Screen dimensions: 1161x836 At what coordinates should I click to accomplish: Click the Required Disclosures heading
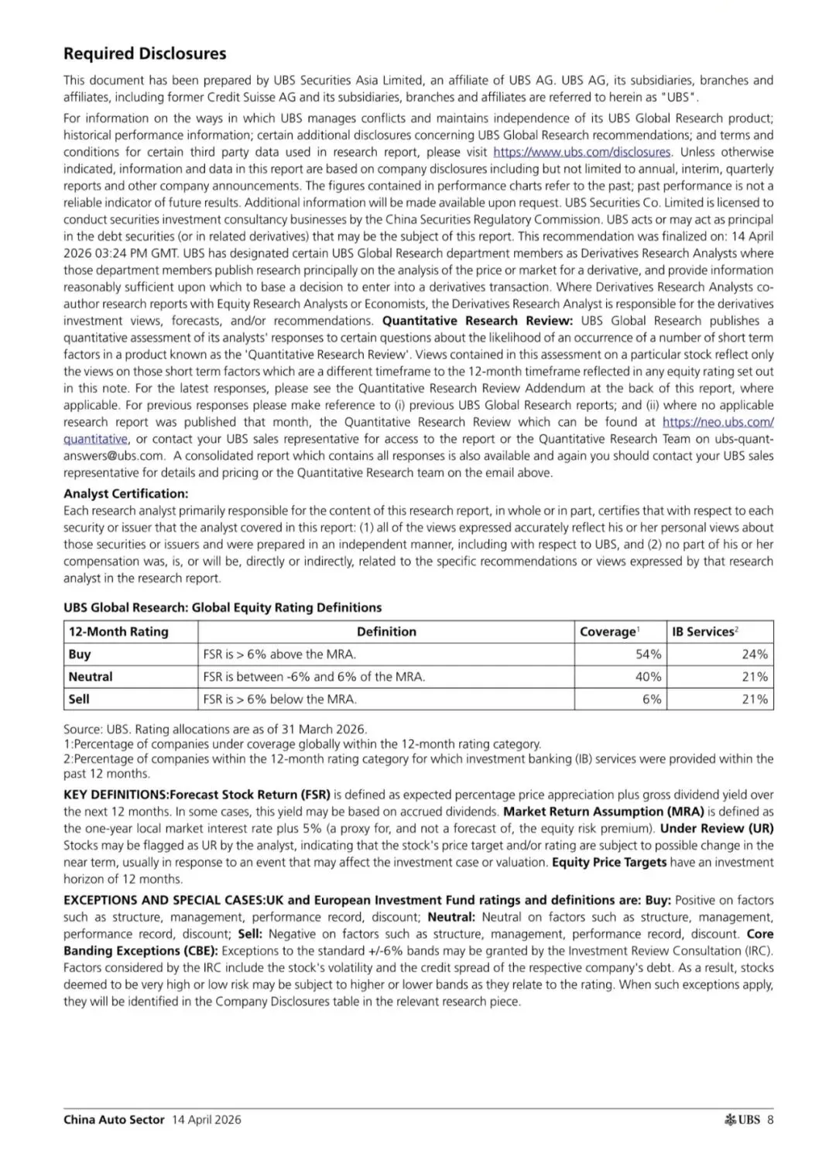click(x=145, y=53)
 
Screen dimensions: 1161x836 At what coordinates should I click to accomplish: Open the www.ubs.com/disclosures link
click(x=582, y=152)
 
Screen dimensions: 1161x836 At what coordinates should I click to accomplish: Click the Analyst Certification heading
click(x=125, y=493)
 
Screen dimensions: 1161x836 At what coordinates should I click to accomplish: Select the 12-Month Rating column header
click(x=118, y=631)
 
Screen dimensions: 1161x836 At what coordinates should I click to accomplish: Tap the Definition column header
click(x=386, y=631)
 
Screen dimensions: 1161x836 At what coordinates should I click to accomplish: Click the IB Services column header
click(x=704, y=631)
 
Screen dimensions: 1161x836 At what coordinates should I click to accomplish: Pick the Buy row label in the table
click(x=80, y=654)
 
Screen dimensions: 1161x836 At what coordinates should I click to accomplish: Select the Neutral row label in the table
click(x=91, y=676)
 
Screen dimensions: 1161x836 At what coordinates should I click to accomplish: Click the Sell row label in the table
click(x=79, y=699)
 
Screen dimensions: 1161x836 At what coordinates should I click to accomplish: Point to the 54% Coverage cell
click(x=648, y=654)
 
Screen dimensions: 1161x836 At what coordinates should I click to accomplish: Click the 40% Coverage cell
click(x=648, y=676)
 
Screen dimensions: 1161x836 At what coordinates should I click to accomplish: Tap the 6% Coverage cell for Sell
click(x=652, y=699)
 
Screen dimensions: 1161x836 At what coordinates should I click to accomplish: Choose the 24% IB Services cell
click(x=755, y=654)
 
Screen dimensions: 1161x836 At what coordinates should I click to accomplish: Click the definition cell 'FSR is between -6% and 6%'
click(x=313, y=676)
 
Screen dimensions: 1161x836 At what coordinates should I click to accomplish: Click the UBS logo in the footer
click(x=742, y=1119)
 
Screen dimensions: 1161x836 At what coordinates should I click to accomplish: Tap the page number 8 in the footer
click(x=770, y=1119)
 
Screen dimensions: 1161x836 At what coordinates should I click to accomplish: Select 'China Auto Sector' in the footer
click(x=114, y=1119)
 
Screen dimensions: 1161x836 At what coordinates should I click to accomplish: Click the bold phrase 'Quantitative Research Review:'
click(x=478, y=321)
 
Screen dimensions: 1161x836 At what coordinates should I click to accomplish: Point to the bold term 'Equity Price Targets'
click(x=609, y=862)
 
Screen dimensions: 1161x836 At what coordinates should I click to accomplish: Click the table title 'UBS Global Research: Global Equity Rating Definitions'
click(x=223, y=607)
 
